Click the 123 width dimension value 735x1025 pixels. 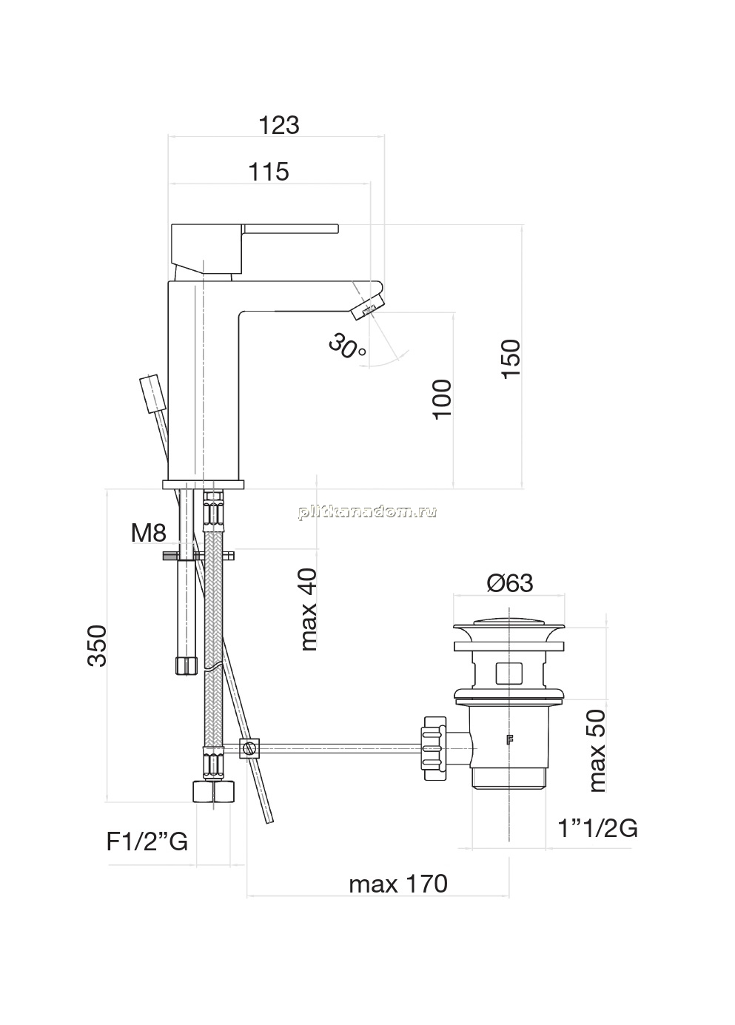279,125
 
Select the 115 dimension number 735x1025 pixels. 269,172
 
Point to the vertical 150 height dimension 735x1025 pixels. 511,358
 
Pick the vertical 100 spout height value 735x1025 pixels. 442,399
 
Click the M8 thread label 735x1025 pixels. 148,533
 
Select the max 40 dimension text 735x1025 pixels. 309,610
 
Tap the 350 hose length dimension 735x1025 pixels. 97,645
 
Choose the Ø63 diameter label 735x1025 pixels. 510,583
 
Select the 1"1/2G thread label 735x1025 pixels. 598,828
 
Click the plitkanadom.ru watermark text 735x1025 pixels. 367,511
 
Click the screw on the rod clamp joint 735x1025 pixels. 249,749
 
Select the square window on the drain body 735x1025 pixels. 509,672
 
